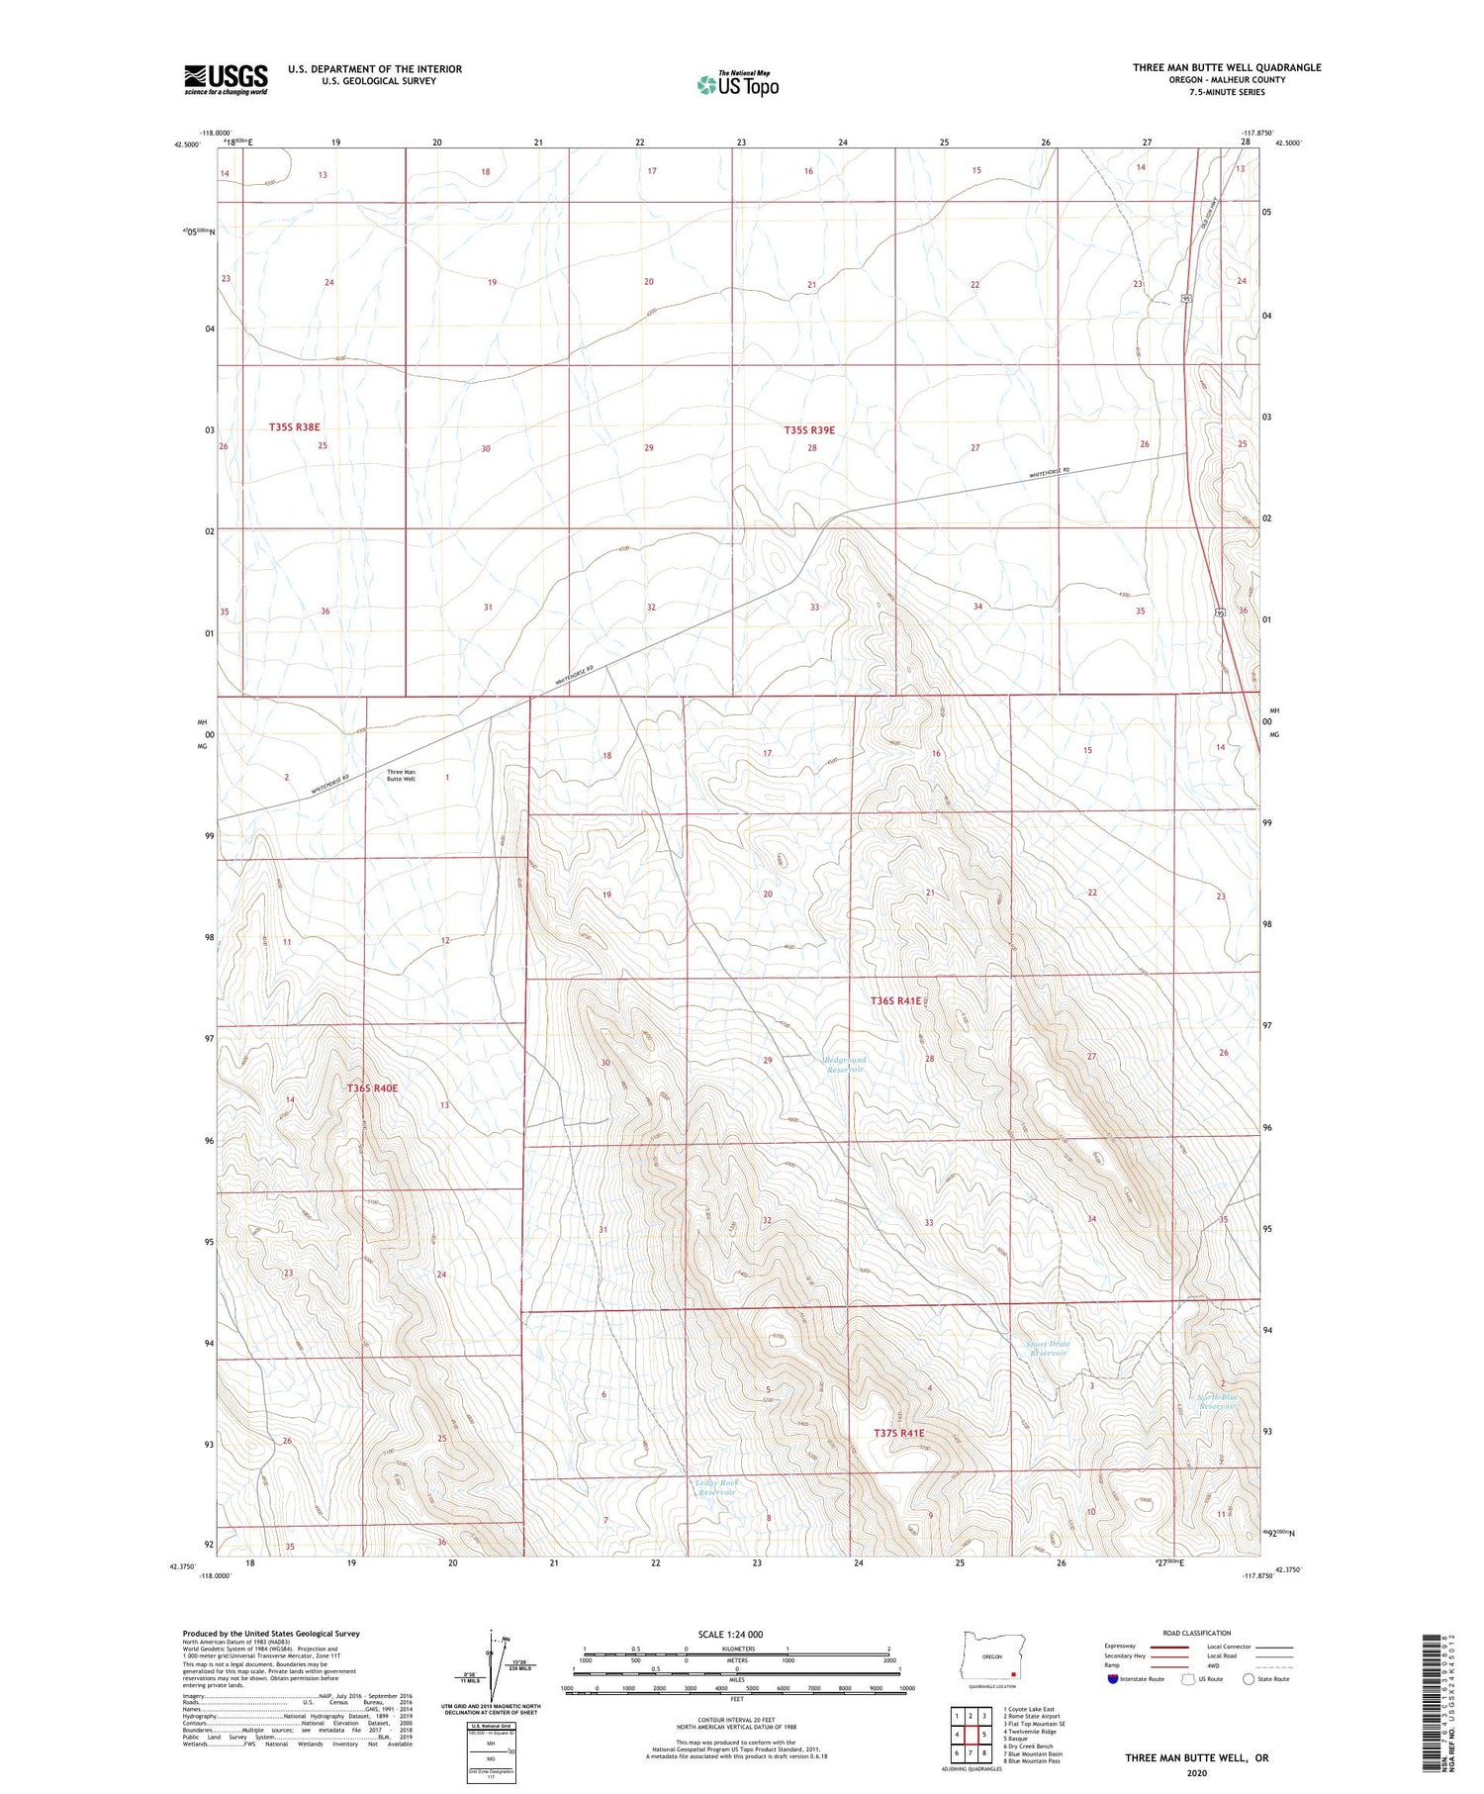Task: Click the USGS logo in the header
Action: [x=226, y=79]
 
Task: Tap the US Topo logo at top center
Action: [x=737, y=85]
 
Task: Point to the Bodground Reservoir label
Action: [x=844, y=1065]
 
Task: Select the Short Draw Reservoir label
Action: [x=1048, y=1348]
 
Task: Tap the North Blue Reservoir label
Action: [x=1217, y=1401]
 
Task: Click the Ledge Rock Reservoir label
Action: [x=716, y=1487]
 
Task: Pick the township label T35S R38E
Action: [x=295, y=427]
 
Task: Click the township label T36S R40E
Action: [x=372, y=1088]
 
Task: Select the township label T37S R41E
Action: [x=898, y=1433]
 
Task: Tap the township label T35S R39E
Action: [x=809, y=430]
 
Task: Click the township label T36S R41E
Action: [x=895, y=1001]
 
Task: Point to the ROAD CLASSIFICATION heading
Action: [x=1196, y=1633]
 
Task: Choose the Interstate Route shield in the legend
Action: [x=1113, y=1678]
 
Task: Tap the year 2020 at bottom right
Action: [x=1197, y=1772]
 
